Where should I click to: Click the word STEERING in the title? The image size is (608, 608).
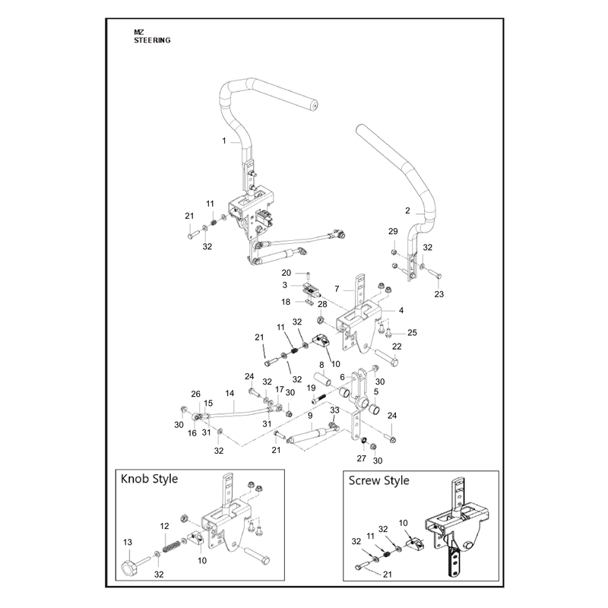click(152, 40)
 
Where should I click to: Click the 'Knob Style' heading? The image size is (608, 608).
click(149, 480)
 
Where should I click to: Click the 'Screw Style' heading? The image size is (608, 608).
click(378, 481)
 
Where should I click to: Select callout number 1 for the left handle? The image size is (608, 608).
click(224, 141)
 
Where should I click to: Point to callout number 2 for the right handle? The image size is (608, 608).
click(407, 211)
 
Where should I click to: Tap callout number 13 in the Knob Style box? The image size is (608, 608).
click(128, 543)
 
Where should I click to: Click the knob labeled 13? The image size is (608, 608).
click(129, 567)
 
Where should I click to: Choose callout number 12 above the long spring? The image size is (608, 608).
click(164, 526)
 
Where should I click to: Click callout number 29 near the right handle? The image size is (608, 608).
click(393, 232)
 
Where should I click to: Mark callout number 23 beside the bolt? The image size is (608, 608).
click(439, 294)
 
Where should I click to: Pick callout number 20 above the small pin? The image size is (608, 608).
click(287, 273)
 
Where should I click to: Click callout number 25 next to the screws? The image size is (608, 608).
click(412, 333)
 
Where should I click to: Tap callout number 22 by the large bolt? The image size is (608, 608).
click(397, 347)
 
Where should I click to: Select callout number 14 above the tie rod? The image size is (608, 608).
click(230, 394)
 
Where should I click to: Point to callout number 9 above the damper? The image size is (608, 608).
click(310, 416)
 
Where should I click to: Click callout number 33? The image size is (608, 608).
click(334, 410)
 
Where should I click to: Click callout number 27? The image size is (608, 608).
click(362, 458)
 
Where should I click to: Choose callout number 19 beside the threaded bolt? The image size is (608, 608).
click(311, 388)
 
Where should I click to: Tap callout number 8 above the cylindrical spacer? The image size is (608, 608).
click(321, 366)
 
